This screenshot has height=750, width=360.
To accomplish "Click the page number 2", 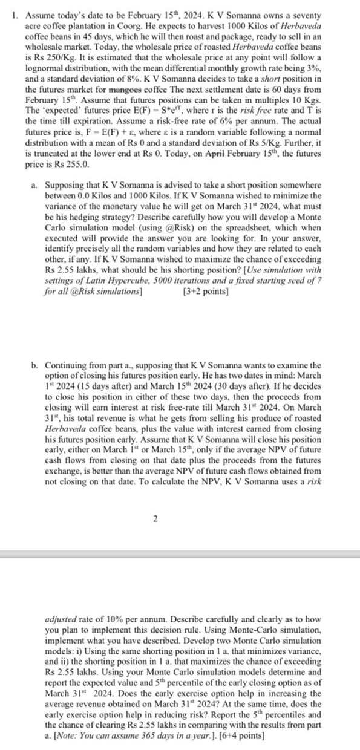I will pyautogui.click(x=156, y=518).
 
